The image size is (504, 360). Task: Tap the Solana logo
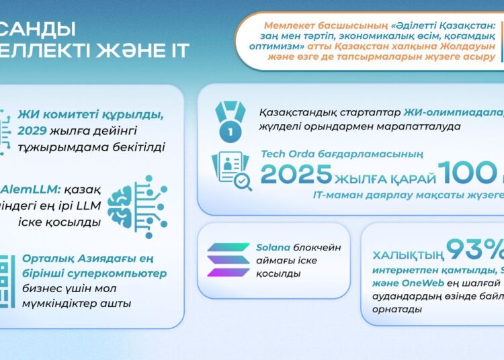tap(228, 260)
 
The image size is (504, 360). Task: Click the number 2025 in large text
tap(296, 175)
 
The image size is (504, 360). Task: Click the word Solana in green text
tap(272, 247)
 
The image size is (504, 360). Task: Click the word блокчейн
tap(318, 247)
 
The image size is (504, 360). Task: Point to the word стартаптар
tap(370, 111)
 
